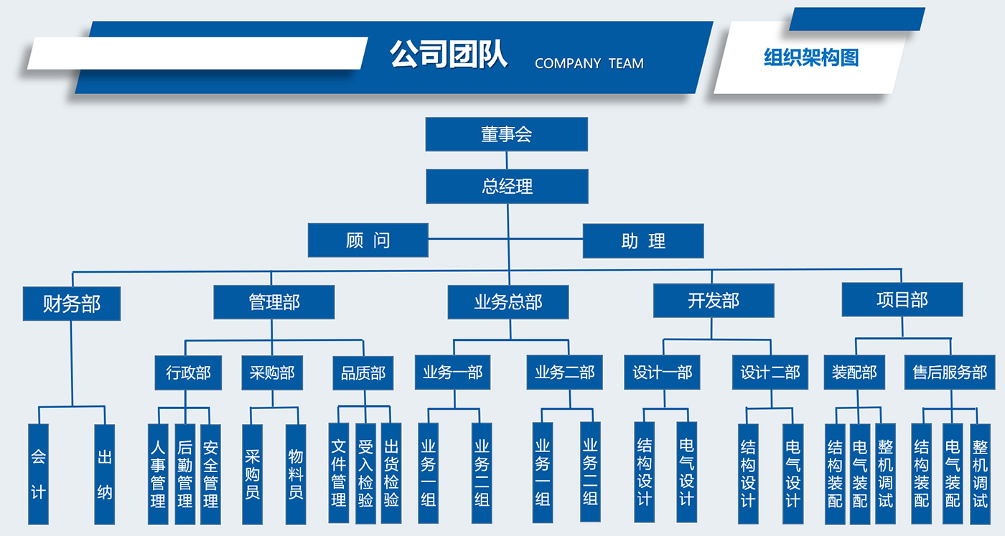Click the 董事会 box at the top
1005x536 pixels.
click(506, 134)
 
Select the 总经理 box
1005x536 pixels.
click(507, 187)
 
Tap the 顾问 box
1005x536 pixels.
click(368, 240)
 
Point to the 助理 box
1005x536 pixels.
click(643, 241)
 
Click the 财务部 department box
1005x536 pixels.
click(72, 304)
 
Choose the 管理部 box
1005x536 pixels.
click(274, 302)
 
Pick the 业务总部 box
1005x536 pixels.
click(508, 302)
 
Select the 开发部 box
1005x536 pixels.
click(713, 301)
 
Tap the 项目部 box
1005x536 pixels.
click(902, 300)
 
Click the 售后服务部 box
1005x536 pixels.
click(949, 373)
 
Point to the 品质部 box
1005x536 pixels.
click(363, 373)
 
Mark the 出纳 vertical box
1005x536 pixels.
click(105, 474)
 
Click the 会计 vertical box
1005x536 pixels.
click(38, 474)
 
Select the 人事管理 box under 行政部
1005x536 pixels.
click(158, 474)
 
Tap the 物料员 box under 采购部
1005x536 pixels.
click(295, 474)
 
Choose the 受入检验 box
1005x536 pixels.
click(365, 474)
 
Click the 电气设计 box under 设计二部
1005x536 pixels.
click(793, 474)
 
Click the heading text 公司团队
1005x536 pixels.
click(449, 55)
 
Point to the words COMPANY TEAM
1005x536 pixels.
click(589, 64)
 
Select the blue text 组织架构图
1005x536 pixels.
click(810, 57)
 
